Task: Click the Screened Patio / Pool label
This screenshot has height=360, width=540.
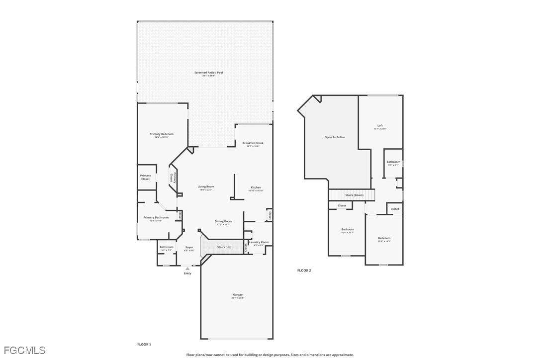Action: point(208,73)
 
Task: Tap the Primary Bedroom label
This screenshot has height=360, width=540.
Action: point(162,134)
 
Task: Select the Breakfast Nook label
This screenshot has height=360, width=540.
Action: point(253,143)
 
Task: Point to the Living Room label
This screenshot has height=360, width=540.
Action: point(206,187)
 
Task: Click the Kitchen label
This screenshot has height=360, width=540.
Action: point(256,188)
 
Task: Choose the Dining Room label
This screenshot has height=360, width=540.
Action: point(223,221)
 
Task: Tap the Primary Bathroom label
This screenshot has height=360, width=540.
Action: point(156,218)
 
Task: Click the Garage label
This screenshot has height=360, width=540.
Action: point(238,295)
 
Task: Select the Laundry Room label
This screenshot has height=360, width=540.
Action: point(259,242)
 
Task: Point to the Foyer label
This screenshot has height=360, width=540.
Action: point(189,247)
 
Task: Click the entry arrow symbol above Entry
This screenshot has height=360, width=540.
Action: point(187,269)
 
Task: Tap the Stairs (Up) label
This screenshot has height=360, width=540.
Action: point(224,247)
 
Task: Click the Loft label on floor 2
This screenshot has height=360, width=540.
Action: point(380,126)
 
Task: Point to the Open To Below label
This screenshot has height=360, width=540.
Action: point(334,137)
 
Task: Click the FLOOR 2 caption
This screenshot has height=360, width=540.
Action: point(304,270)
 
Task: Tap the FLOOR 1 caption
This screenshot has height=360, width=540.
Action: point(144,344)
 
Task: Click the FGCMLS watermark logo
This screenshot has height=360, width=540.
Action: point(23,351)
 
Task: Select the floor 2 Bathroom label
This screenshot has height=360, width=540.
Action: point(393,162)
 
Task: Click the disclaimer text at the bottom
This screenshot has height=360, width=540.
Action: point(270,355)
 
